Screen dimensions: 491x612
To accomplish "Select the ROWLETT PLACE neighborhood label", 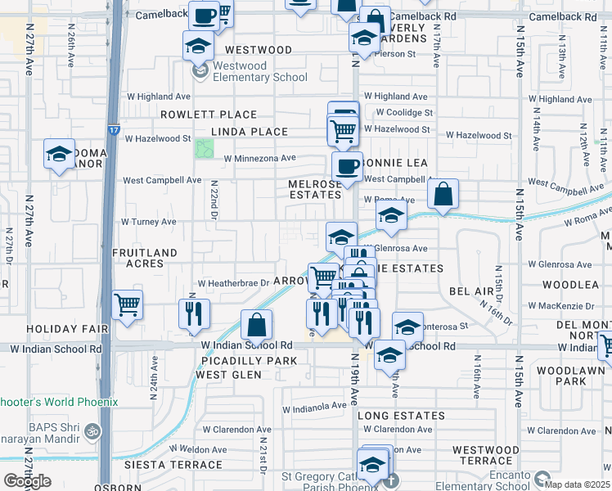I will tap(209, 115).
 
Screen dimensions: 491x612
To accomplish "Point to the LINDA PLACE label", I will tap(250, 132).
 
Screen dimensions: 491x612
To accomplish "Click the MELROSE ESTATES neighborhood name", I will tap(315, 189).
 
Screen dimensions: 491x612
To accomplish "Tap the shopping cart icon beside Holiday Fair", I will tap(128, 306).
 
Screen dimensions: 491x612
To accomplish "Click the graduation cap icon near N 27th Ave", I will tap(60, 155).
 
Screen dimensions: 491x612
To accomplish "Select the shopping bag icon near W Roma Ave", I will tap(443, 195).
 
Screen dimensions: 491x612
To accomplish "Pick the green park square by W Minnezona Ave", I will tap(204, 150).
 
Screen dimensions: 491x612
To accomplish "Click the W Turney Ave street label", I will tap(148, 222).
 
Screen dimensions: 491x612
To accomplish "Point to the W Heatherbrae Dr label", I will tap(233, 283).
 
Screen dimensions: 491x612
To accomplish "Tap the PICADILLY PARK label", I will tap(240, 361).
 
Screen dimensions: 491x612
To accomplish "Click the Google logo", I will tap(27, 481).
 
